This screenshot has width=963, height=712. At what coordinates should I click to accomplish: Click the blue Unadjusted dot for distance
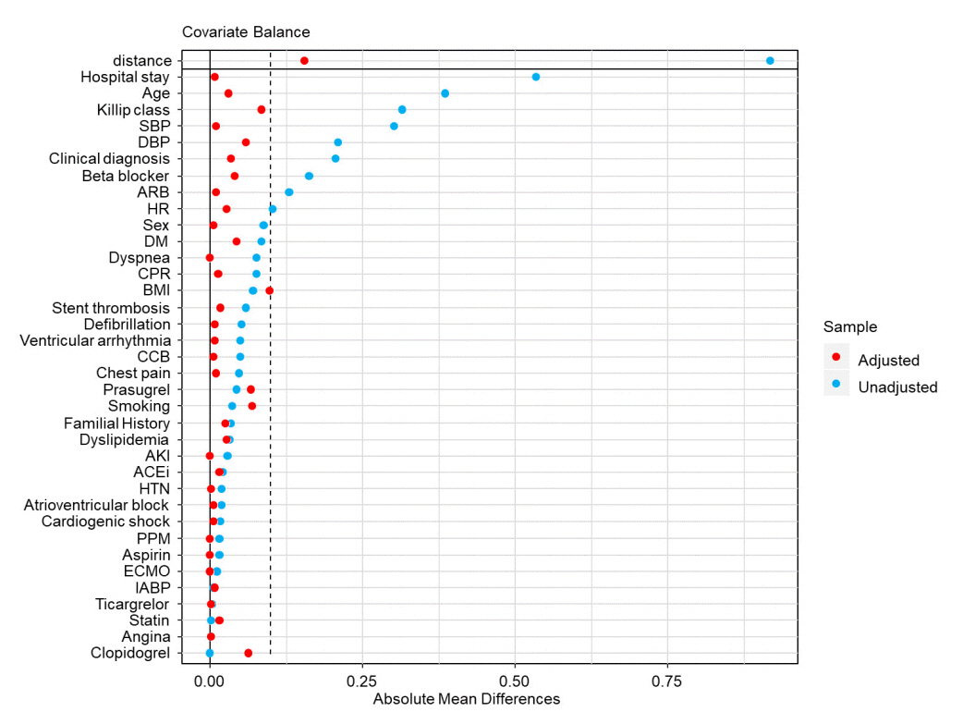click(x=770, y=60)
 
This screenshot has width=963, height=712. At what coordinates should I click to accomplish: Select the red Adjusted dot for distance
click(x=304, y=60)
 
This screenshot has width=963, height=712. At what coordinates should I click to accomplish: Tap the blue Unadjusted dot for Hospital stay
click(x=536, y=77)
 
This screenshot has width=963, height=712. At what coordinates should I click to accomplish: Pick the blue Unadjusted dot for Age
click(x=445, y=93)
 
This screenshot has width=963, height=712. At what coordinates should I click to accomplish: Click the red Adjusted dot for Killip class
click(x=262, y=109)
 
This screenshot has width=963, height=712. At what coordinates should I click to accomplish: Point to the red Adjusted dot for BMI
click(x=269, y=290)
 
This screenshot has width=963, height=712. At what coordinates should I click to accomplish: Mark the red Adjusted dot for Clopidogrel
click(x=248, y=653)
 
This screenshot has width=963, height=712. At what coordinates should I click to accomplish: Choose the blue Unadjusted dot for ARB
click(x=289, y=192)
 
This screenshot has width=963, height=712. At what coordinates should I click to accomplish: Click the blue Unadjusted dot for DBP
click(x=338, y=142)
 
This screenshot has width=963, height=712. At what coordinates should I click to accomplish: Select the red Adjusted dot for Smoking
click(x=252, y=406)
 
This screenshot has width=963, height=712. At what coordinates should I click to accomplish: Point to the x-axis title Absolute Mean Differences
click(x=467, y=699)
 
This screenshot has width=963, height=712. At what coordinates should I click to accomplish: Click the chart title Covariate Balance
click(x=246, y=31)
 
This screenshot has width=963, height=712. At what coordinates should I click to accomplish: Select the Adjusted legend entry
click(x=888, y=360)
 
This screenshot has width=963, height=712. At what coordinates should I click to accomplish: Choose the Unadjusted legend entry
click(x=896, y=387)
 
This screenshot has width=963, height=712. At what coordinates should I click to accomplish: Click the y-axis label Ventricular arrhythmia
click(x=95, y=340)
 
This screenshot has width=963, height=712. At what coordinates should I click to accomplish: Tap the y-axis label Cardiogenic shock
click(x=105, y=522)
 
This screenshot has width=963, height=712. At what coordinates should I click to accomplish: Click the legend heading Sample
click(x=850, y=326)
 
